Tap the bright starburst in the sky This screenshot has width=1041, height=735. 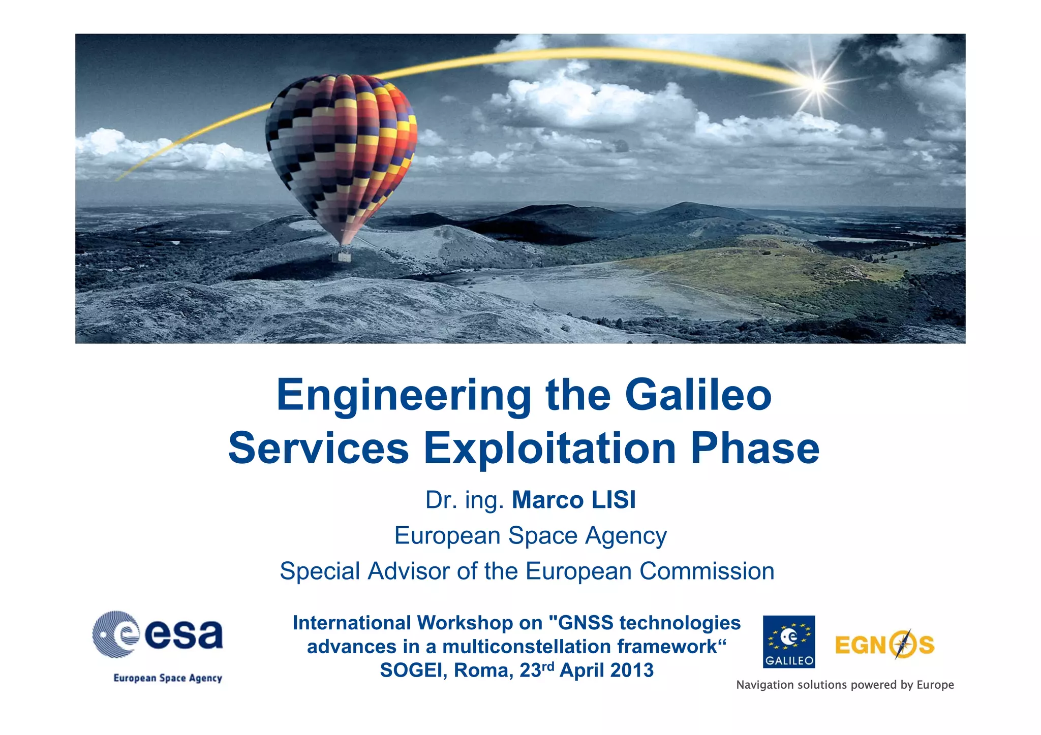click(x=816, y=84)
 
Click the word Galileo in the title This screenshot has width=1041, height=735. click(x=698, y=395)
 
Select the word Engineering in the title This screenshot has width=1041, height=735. click(x=404, y=396)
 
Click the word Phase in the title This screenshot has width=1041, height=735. click(x=755, y=448)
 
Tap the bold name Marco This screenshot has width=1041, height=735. click(x=547, y=500)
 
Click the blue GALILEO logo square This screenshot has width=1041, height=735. click(x=789, y=642)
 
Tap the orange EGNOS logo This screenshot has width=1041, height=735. click(x=884, y=645)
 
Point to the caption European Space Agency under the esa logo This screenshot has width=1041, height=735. click(x=168, y=678)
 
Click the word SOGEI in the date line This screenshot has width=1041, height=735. click(x=413, y=670)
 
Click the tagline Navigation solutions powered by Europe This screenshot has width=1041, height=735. click(x=845, y=685)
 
